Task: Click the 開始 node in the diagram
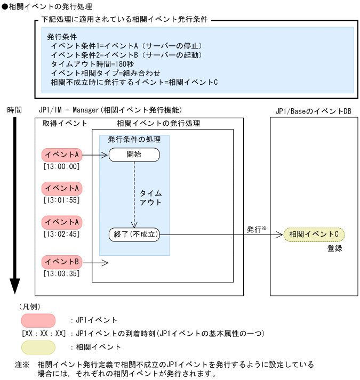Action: tap(134, 155)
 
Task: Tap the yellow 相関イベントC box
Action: tap(314, 233)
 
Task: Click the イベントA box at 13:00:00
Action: tap(62, 155)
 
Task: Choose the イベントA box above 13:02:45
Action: tap(62, 221)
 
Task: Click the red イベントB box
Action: tap(62, 262)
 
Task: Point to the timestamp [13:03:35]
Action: tap(61, 274)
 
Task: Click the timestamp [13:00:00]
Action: tap(61, 167)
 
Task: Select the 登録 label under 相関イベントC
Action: tap(334, 248)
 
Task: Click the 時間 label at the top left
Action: tap(14, 110)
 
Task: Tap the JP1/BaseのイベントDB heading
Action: tap(314, 110)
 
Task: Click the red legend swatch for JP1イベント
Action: tap(38, 320)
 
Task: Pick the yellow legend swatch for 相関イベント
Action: tap(38, 347)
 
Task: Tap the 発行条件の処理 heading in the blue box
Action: tap(134, 140)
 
